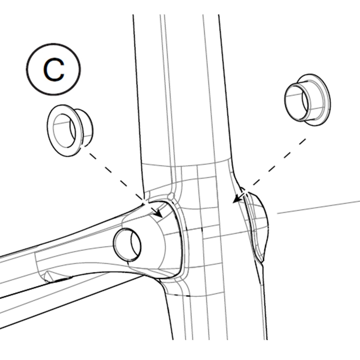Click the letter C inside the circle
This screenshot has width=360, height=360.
pyautogui.click(x=54, y=70)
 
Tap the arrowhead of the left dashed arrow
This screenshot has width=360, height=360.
pyautogui.click(x=159, y=213)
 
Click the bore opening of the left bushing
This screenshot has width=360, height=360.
pyautogui.click(x=64, y=130)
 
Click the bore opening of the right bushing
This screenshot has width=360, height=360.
pyautogui.click(x=296, y=103)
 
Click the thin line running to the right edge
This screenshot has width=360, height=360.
pyautogui.click(x=318, y=207)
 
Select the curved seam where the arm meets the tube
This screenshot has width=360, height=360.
pyautogui.click(x=182, y=241)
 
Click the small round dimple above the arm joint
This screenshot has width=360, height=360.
pyautogui.click(x=171, y=196)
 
